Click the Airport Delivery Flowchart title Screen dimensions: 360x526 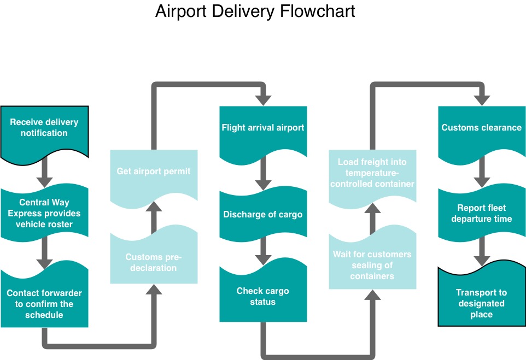[255, 11]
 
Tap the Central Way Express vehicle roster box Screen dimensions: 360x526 [44, 213]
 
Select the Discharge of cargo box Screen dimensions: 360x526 [263, 214]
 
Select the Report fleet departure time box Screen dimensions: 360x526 [482, 213]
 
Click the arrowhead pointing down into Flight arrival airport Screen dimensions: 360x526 [263, 100]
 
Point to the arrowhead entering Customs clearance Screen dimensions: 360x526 [482, 100]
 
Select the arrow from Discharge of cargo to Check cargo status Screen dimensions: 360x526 [263, 251]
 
